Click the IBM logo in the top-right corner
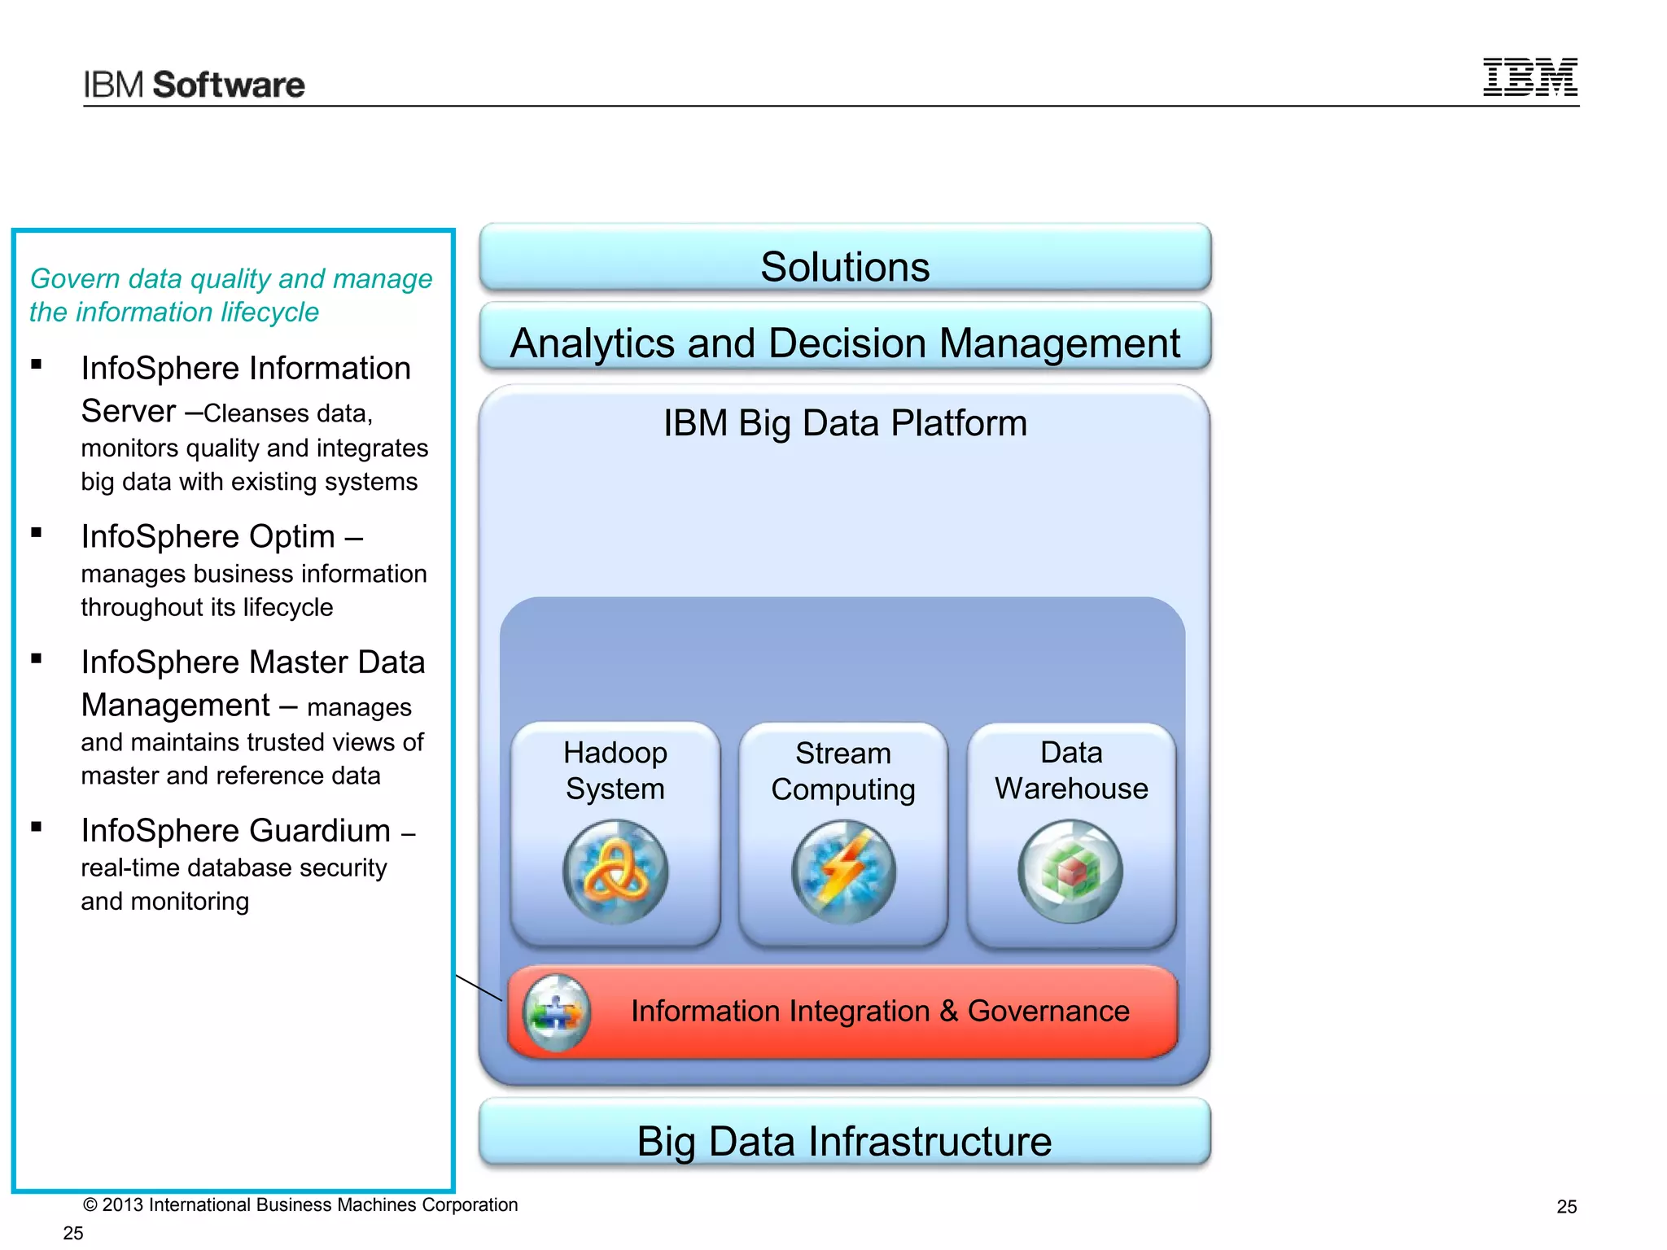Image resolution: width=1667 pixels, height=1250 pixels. pos(1529,77)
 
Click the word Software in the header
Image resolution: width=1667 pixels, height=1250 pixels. pos(229,85)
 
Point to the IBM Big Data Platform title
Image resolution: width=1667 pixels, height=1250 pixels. pos(845,423)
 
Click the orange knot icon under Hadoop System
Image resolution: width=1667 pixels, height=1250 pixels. pos(615,872)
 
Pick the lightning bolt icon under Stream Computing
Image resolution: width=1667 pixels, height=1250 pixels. pos(843,872)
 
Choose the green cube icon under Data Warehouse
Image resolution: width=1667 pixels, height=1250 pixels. pos(1070,872)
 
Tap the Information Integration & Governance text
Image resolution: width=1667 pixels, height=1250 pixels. pos(880,1012)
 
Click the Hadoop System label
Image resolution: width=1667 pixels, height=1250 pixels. pos(615,771)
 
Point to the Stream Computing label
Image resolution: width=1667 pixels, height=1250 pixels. pos(843,771)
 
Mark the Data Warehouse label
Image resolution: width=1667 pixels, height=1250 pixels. pos(1071,771)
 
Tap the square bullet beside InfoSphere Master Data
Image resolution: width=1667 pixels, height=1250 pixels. pos(37,658)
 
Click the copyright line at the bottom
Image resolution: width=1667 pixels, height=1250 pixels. pos(300,1204)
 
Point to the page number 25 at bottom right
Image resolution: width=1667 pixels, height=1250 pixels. pos(1566,1207)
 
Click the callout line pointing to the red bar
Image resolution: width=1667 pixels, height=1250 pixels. pos(479,988)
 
